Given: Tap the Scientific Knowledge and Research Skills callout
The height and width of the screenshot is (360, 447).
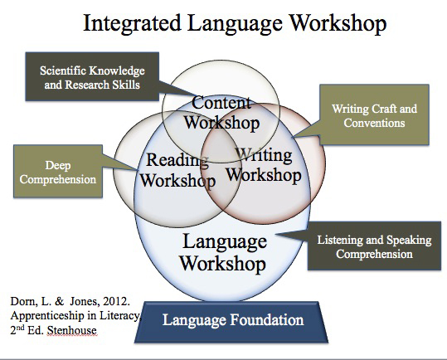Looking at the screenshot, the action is [x=92, y=76].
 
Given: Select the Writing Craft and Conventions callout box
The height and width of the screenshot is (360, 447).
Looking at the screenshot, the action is [x=374, y=114].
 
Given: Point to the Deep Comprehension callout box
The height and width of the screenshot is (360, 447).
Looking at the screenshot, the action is [x=58, y=171].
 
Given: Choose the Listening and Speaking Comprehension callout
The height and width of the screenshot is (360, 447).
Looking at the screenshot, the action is [x=374, y=246].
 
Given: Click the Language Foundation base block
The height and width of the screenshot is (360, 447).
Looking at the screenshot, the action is [x=231, y=322].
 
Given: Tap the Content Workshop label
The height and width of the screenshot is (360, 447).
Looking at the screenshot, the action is [x=221, y=113].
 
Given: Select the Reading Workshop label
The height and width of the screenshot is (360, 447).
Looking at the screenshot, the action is [x=177, y=170].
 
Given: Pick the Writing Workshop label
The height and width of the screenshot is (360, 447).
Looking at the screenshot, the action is [x=264, y=165].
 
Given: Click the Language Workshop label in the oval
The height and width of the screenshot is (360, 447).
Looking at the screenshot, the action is [x=224, y=252].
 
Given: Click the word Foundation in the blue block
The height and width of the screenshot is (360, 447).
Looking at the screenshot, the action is [x=267, y=320].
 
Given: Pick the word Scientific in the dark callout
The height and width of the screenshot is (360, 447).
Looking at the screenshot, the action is [x=61, y=71].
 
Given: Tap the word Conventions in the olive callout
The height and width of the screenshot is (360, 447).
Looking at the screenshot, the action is [x=374, y=123].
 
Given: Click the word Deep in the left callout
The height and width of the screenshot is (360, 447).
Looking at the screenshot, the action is [x=58, y=165].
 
